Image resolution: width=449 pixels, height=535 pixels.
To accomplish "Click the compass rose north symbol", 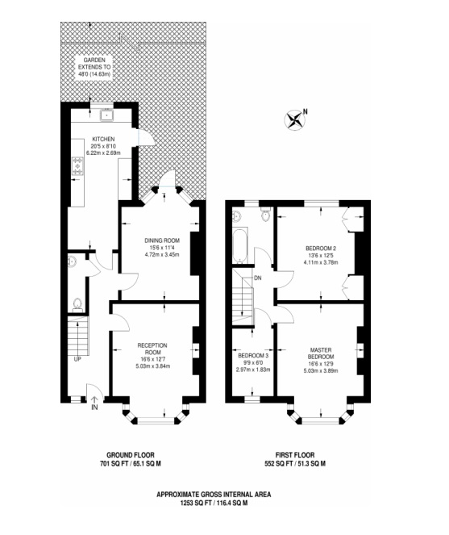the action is click(294, 120).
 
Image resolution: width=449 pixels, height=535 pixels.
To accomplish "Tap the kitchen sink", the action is click(106, 115).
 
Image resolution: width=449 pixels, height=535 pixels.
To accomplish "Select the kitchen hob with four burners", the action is click(77, 166).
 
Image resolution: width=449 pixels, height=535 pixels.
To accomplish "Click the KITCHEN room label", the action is click(103, 140).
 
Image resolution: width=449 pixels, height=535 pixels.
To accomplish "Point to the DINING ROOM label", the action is click(162, 240).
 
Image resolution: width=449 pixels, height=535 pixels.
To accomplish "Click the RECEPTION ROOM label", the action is click(152, 349).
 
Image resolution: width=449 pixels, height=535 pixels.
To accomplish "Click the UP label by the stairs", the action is click(77, 359).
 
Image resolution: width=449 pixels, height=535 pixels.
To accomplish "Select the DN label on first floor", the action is click(258, 278).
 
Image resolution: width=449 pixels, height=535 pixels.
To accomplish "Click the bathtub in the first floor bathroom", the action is click(240, 245).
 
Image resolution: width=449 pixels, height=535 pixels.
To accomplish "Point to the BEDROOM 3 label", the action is click(253, 356).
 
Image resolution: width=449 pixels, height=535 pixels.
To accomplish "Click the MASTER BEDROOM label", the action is click(321, 353).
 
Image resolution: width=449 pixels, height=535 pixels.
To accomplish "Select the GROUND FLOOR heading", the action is click(131, 455).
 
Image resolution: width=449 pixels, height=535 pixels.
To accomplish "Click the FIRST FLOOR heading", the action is click(295, 455).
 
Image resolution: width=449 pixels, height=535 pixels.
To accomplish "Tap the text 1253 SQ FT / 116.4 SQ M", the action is click(214, 503).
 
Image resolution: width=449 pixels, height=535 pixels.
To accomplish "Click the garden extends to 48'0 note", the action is click(94, 67).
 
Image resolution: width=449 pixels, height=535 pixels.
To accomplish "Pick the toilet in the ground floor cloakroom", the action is click(77, 304).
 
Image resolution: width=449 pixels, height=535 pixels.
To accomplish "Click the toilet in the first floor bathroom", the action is click(265, 214).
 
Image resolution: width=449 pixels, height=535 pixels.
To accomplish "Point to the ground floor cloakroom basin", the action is click(72, 261).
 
